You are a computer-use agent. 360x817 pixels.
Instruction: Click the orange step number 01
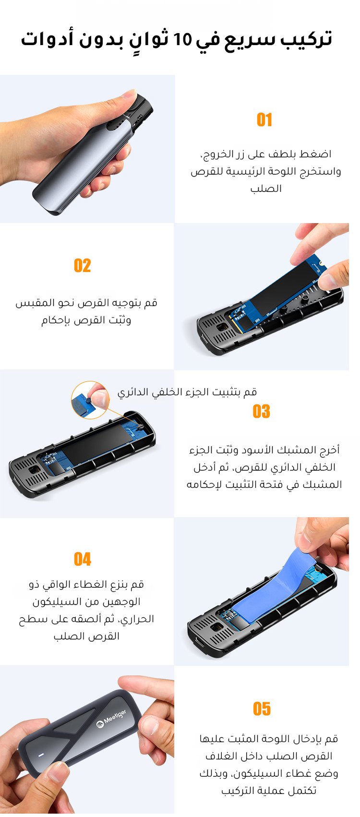264,119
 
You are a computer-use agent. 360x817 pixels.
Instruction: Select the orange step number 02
82,265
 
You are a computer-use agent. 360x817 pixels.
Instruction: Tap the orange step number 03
261,411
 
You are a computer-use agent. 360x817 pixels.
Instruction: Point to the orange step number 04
82,559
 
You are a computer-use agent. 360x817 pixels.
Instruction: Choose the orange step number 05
262,709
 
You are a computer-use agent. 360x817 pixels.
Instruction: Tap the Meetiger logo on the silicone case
111,719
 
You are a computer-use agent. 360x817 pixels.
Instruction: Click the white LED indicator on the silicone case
41,755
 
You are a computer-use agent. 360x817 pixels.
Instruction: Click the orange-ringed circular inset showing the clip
90,400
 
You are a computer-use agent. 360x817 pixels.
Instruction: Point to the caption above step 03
187,392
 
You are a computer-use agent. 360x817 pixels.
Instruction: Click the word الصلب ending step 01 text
266,188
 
